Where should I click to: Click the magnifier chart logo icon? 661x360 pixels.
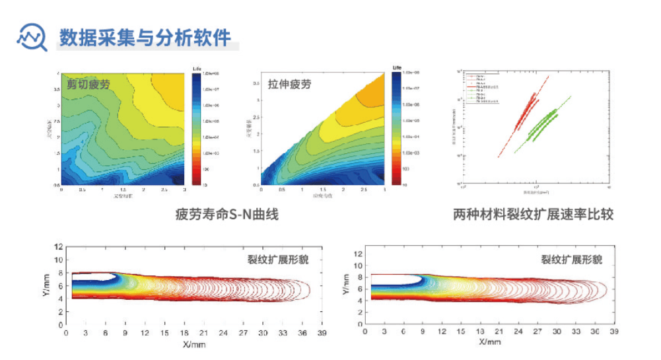tap(31, 37)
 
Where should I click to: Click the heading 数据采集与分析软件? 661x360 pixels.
tap(145, 37)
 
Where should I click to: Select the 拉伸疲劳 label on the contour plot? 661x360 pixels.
tap(289, 84)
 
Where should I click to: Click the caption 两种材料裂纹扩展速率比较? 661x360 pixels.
tap(534, 215)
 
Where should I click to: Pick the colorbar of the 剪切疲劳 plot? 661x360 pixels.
tap(197, 129)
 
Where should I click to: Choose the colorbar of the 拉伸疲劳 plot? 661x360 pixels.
tap(396, 129)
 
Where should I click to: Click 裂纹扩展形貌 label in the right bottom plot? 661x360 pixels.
tap(572, 260)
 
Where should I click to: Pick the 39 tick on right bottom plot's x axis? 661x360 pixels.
tap(613, 334)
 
